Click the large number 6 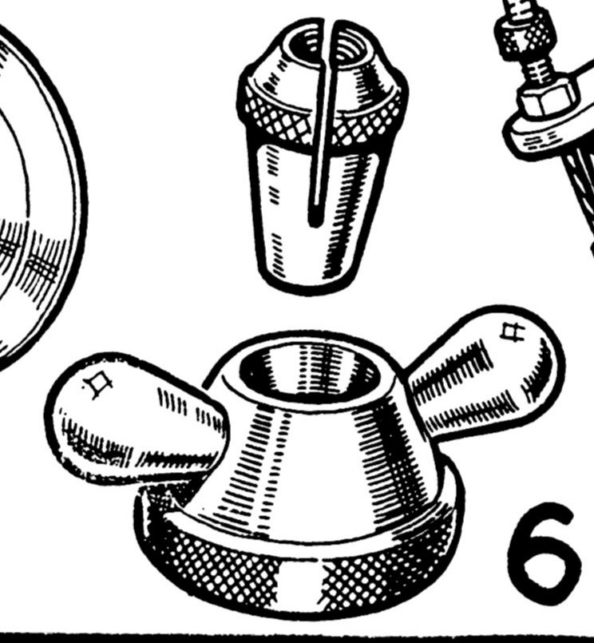click(545, 554)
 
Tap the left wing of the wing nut click(135, 419)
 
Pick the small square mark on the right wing click(513, 331)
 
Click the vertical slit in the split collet click(322, 123)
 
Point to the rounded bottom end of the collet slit click(315, 222)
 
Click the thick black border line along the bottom click(297, 638)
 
